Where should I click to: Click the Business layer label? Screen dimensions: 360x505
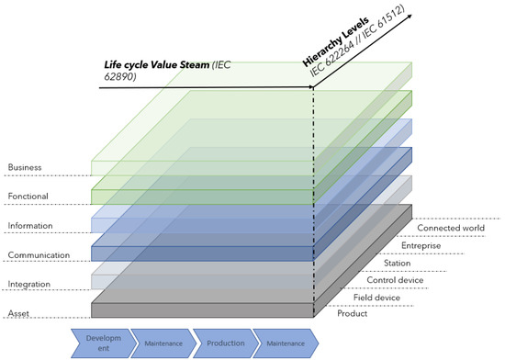(25, 167)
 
